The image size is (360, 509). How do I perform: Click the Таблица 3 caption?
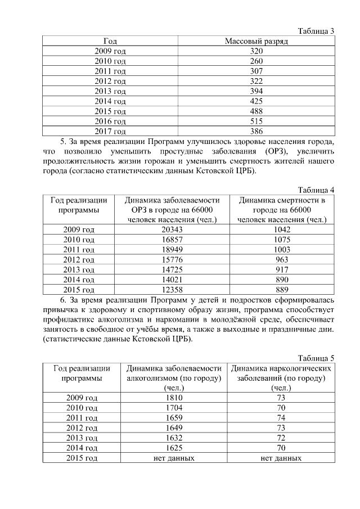tap(316, 31)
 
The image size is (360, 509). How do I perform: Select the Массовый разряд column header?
tap(256, 41)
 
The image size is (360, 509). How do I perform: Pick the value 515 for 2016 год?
tap(256, 121)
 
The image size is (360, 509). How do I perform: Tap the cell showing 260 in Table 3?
tap(256, 61)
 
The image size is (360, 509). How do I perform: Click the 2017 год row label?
tap(110, 132)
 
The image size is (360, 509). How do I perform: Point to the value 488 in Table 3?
tap(256, 111)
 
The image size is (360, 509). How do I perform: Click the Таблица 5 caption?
tap(316, 358)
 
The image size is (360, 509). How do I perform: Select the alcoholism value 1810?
tap(175, 398)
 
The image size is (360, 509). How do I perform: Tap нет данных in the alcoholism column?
tap(175, 458)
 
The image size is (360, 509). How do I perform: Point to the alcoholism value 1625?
tap(175, 448)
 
